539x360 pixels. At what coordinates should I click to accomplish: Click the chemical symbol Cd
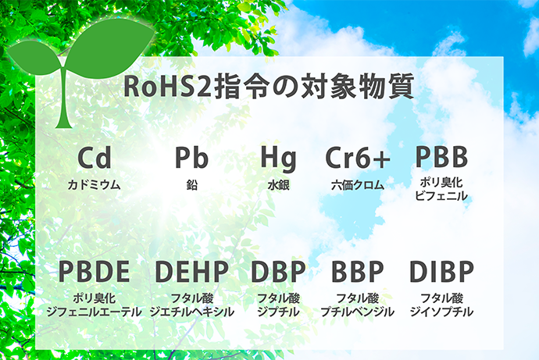click(x=95, y=157)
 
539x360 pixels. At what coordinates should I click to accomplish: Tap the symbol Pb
click(x=192, y=157)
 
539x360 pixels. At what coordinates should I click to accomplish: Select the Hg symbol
click(x=278, y=159)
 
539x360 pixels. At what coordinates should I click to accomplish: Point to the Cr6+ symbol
click(x=358, y=157)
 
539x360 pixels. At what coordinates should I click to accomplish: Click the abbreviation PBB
click(x=441, y=156)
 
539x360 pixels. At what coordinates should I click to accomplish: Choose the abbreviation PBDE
click(x=95, y=272)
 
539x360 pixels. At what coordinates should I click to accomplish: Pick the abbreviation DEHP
click(x=192, y=272)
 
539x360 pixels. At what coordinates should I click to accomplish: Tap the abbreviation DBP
click(x=278, y=272)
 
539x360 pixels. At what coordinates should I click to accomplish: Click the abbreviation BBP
click(x=358, y=272)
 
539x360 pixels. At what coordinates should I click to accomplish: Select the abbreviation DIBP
click(x=441, y=272)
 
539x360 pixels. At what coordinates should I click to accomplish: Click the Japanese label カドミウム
click(x=95, y=185)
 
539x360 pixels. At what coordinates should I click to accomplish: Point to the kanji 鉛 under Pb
click(x=192, y=185)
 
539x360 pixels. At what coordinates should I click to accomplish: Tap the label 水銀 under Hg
click(x=278, y=185)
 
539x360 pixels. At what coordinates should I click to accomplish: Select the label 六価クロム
click(x=358, y=185)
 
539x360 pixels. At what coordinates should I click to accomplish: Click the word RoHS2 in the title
click(x=167, y=86)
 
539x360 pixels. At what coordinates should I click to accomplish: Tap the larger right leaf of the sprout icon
click(x=110, y=48)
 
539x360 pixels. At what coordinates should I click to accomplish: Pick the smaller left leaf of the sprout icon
click(x=34, y=57)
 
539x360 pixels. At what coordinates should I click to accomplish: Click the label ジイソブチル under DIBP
click(x=441, y=312)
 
